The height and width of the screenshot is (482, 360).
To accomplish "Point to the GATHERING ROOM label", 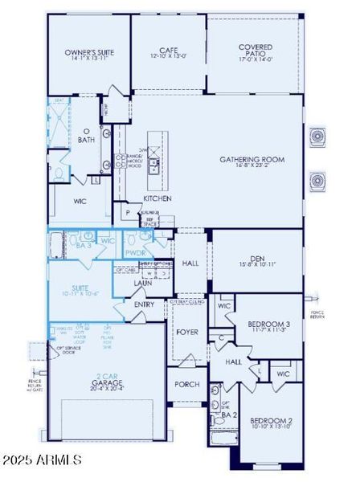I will (252, 159).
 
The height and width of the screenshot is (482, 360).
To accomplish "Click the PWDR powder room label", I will (134, 252).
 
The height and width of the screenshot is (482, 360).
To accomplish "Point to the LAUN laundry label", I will (144, 283).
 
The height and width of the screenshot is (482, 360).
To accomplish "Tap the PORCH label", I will (186, 383).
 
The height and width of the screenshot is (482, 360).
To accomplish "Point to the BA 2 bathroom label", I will (228, 415).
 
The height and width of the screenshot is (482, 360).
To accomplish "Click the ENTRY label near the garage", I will (145, 304).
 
